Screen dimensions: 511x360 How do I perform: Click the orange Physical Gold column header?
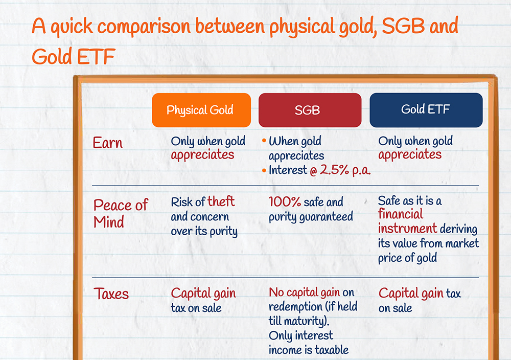click(x=201, y=110)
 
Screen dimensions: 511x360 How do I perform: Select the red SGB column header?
click(x=310, y=110)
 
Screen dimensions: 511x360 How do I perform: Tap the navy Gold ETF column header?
click(x=426, y=110)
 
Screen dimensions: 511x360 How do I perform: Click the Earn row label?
click(x=107, y=143)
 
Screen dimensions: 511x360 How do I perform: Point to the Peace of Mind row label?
click(x=121, y=214)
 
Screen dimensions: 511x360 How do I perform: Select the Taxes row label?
click(x=111, y=294)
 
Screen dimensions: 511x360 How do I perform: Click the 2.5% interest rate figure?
click(x=334, y=170)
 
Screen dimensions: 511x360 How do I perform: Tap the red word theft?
click(x=221, y=201)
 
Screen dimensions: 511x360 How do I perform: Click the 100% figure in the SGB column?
click(x=285, y=202)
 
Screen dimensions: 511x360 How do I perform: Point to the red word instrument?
click(x=407, y=228)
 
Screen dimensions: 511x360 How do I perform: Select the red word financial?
click(x=401, y=214)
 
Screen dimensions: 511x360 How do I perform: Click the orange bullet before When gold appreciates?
click(x=264, y=141)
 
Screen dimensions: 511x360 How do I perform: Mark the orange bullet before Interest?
click(x=264, y=170)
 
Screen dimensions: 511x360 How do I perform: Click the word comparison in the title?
click(x=144, y=27)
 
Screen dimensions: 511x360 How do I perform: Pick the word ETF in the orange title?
click(x=96, y=57)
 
